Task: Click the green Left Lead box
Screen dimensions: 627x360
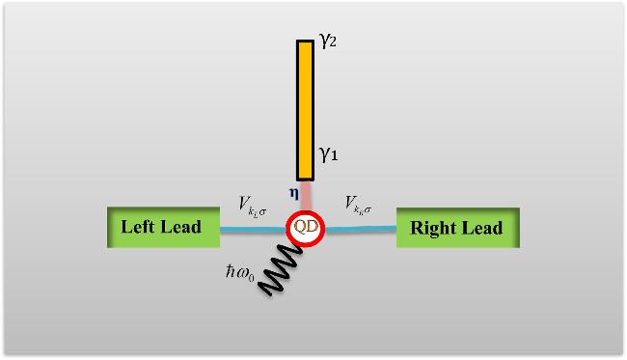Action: [163, 227]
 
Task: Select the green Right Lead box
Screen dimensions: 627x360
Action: [458, 228]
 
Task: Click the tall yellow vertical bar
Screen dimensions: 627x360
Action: [305, 110]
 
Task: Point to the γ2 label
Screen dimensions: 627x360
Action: [328, 40]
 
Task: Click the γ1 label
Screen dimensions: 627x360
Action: [328, 153]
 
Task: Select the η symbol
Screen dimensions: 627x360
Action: [294, 194]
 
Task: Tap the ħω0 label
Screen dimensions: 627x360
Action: [239, 273]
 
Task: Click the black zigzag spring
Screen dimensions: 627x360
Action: [280, 269]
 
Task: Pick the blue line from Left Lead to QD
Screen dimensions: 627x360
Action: [253, 230]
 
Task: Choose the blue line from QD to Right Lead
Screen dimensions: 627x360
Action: [361, 229]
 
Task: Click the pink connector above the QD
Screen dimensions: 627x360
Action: [306, 196]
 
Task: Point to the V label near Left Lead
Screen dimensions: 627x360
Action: [252, 206]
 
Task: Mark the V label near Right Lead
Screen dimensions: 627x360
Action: [358, 206]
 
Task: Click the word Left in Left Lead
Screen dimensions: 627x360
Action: [138, 227]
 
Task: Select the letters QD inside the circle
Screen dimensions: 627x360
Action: [306, 227]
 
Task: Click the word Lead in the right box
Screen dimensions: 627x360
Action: [482, 228]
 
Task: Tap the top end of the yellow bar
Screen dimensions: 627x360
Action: [305, 41]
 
